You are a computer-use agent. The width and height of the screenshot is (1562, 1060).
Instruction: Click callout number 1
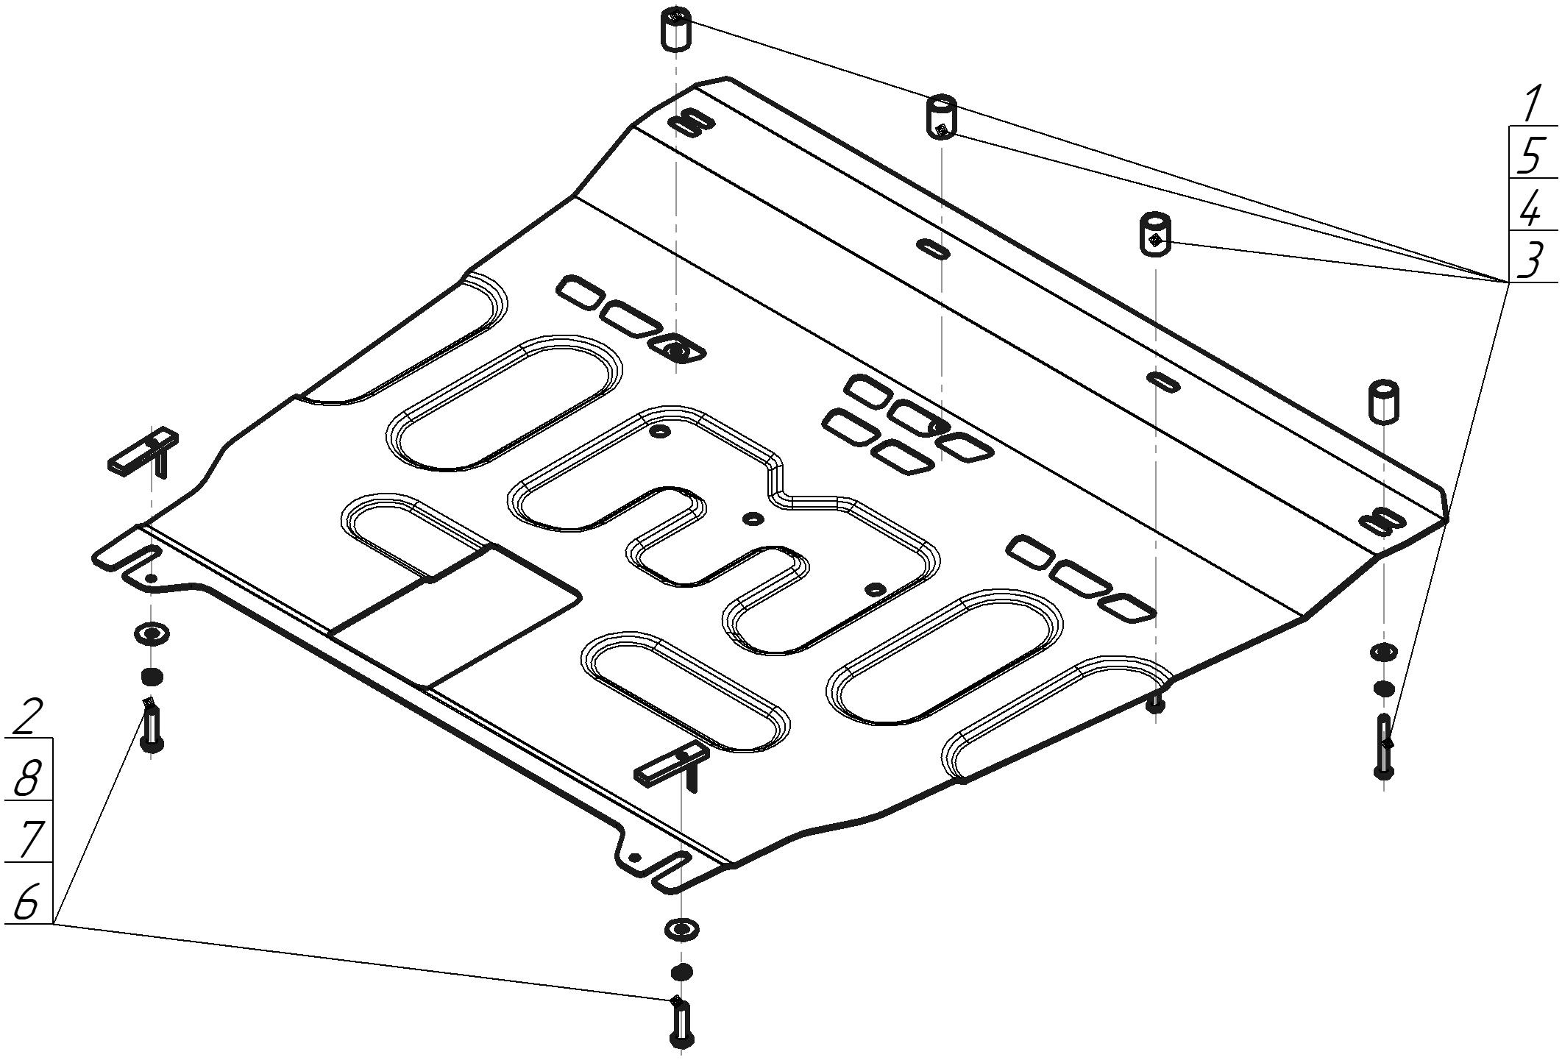click(x=1531, y=104)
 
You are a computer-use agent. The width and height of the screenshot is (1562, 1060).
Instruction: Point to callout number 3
click(x=1532, y=260)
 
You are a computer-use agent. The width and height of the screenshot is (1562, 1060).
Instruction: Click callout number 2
click(x=27, y=717)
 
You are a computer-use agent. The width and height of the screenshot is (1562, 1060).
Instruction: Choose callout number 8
click(x=26, y=778)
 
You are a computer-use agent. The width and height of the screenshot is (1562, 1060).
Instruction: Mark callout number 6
click(x=26, y=901)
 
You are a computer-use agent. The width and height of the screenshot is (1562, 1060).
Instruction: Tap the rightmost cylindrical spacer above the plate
click(x=1383, y=402)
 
